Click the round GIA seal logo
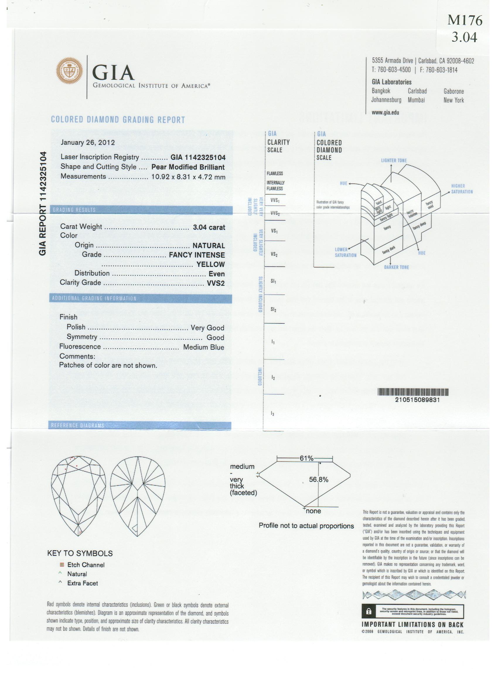point(70,71)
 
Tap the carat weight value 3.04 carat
point(209,227)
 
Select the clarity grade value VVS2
point(216,283)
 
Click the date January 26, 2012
point(88,143)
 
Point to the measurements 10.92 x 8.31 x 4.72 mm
point(188,177)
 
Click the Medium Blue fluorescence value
point(204,347)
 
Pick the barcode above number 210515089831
point(413,392)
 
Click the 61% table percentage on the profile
point(306,458)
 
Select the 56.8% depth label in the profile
point(318,479)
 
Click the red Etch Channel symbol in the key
point(62,565)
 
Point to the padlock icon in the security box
point(369,612)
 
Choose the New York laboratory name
point(453,100)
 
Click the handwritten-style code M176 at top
point(465,20)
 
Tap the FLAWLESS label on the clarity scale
point(274,173)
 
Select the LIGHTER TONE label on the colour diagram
point(393,160)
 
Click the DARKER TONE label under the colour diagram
point(396,267)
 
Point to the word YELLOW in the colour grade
point(211,264)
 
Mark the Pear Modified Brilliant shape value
point(188,167)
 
